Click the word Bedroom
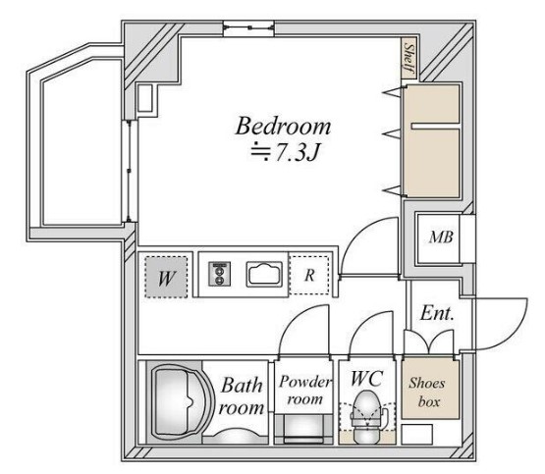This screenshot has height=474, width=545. (283, 126)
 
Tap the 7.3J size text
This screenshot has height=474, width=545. (298, 152)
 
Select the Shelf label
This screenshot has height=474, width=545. (409, 58)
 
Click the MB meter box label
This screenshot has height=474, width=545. (441, 237)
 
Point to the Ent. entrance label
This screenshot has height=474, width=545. (437, 313)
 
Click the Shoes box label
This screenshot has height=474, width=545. (427, 393)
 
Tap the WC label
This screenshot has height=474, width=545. (367, 379)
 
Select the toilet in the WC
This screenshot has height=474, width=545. (367, 417)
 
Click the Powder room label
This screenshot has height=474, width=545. (304, 391)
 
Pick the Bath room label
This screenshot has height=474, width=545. (242, 396)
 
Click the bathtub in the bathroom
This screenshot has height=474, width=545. (181, 401)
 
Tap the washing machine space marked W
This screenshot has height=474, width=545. (166, 277)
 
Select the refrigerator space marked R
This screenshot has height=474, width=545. (309, 275)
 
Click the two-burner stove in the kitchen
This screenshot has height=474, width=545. (219, 275)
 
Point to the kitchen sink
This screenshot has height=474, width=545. (264, 275)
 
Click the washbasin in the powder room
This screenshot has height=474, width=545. (303, 430)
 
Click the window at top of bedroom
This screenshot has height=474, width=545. (248, 28)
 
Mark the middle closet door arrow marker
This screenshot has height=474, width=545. (394, 134)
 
